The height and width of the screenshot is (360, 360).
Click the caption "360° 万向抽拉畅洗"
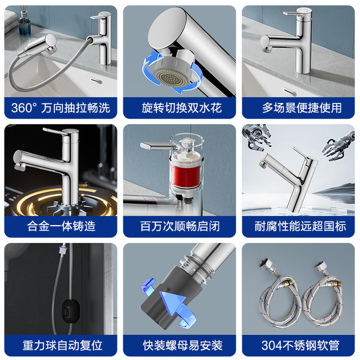(61, 107)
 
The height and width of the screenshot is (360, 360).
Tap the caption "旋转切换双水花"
(182, 107)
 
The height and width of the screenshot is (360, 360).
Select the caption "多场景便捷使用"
(302, 107)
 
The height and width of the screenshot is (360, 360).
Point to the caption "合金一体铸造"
(61, 226)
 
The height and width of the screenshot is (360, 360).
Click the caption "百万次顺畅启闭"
(180, 226)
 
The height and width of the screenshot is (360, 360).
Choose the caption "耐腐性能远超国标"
(300, 226)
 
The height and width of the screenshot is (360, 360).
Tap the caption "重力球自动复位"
(62, 345)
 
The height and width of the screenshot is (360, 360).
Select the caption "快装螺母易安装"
(183, 345)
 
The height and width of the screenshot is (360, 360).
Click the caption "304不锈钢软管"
(300, 345)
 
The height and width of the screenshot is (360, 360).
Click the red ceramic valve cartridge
(186, 175)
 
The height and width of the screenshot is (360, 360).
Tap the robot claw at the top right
(339, 146)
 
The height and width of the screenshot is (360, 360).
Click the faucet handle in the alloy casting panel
(53, 131)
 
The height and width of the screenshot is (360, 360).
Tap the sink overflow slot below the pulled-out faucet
(96, 81)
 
